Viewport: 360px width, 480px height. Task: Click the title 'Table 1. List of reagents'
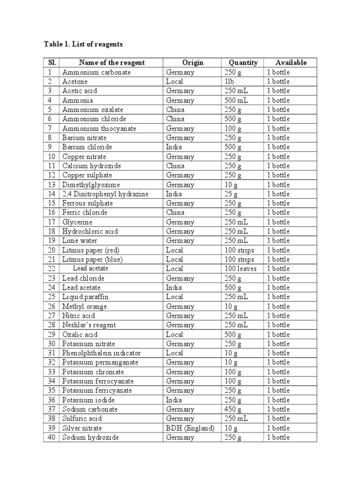pyautogui.click(x=83, y=44)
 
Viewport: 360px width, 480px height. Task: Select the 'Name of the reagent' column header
pyautogui.click(x=112, y=63)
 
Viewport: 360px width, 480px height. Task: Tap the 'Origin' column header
pyautogui.click(x=193, y=63)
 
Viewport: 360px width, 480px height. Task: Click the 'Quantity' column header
pyautogui.click(x=243, y=63)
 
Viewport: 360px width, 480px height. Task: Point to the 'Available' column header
pyautogui.click(x=291, y=63)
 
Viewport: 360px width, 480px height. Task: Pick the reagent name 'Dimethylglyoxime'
pyautogui.click(x=91, y=185)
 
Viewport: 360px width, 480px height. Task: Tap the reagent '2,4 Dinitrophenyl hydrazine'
pyautogui.click(x=105, y=194)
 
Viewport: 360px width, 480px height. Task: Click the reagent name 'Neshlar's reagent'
pyautogui.click(x=89, y=325)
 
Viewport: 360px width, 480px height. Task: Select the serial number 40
pyautogui.click(x=51, y=437)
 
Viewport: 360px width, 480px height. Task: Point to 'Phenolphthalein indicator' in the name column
pyautogui.click(x=101, y=353)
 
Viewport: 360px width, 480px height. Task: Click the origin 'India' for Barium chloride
pyautogui.click(x=174, y=147)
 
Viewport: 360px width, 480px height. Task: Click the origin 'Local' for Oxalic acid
pyautogui.click(x=174, y=334)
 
